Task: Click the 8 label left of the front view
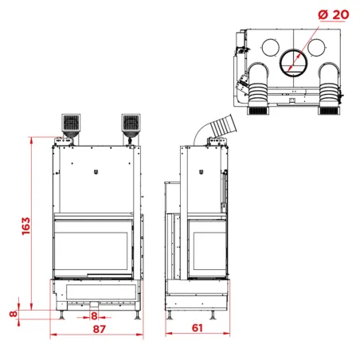pyautogui.click(x=12, y=314)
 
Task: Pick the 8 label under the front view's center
pyautogui.click(x=96, y=315)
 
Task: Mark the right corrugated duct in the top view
pyautogui.click(x=328, y=92)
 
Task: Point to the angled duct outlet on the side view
pyautogui.click(x=222, y=123)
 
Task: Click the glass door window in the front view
pyautogui.click(x=91, y=248)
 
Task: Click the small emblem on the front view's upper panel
pyautogui.click(x=96, y=170)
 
